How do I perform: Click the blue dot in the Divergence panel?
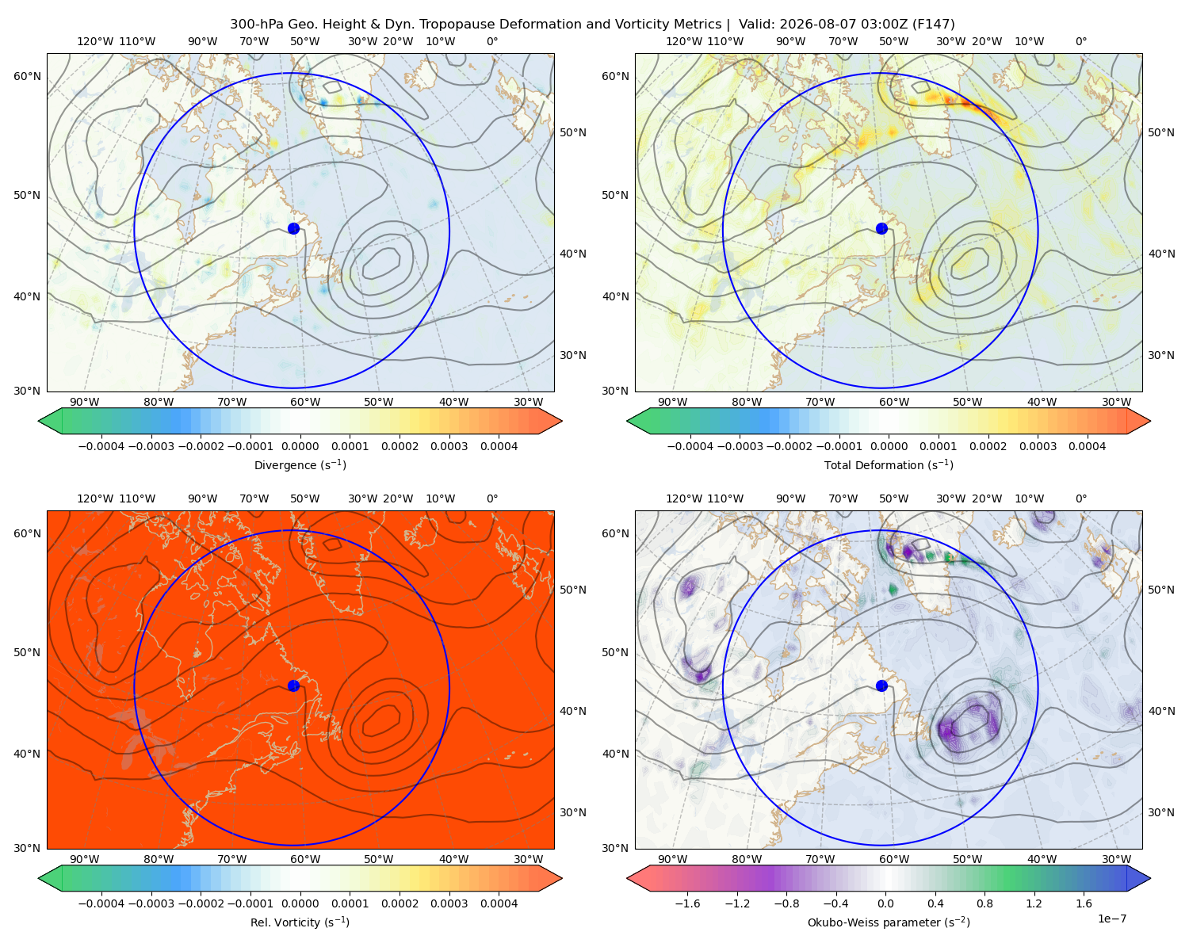pyautogui.click(x=293, y=228)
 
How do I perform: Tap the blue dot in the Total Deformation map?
pyautogui.click(x=881, y=228)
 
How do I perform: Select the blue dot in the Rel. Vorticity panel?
pyautogui.click(x=293, y=686)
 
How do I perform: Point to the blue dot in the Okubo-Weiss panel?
pyautogui.click(x=881, y=686)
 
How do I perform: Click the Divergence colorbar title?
pyautogui.click(x=300, y=464)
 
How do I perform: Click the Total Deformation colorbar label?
pyautogui.click(x=889, y=464)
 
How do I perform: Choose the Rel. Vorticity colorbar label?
pyautogui.click(x=300, y=922)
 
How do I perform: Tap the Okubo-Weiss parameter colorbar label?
pyautogui.click(x=889, y=922)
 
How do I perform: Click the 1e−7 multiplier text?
pyautogui.click(x=1111, y=919)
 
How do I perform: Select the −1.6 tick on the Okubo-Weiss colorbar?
pyautogui.click(x=687, y=903)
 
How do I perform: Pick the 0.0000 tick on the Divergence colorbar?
pyautogui.click(x=300, y=446)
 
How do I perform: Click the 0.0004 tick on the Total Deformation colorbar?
pyautogui.click(x=1087, y=446)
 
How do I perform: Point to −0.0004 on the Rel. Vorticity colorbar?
pyautogui.click(x=101, y=903)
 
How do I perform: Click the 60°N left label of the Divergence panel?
pyautogui.click(x=27, y=76)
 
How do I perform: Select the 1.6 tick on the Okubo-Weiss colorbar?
pyautogui.click(x=1084, y=903)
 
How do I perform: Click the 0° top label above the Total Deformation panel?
pyautogui.click(x=1080, y=41)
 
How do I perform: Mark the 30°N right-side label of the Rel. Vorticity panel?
pyautogui.click(x=573, y=812)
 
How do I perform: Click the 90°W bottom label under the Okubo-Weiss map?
pyautogui.click(x=672, y=859)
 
